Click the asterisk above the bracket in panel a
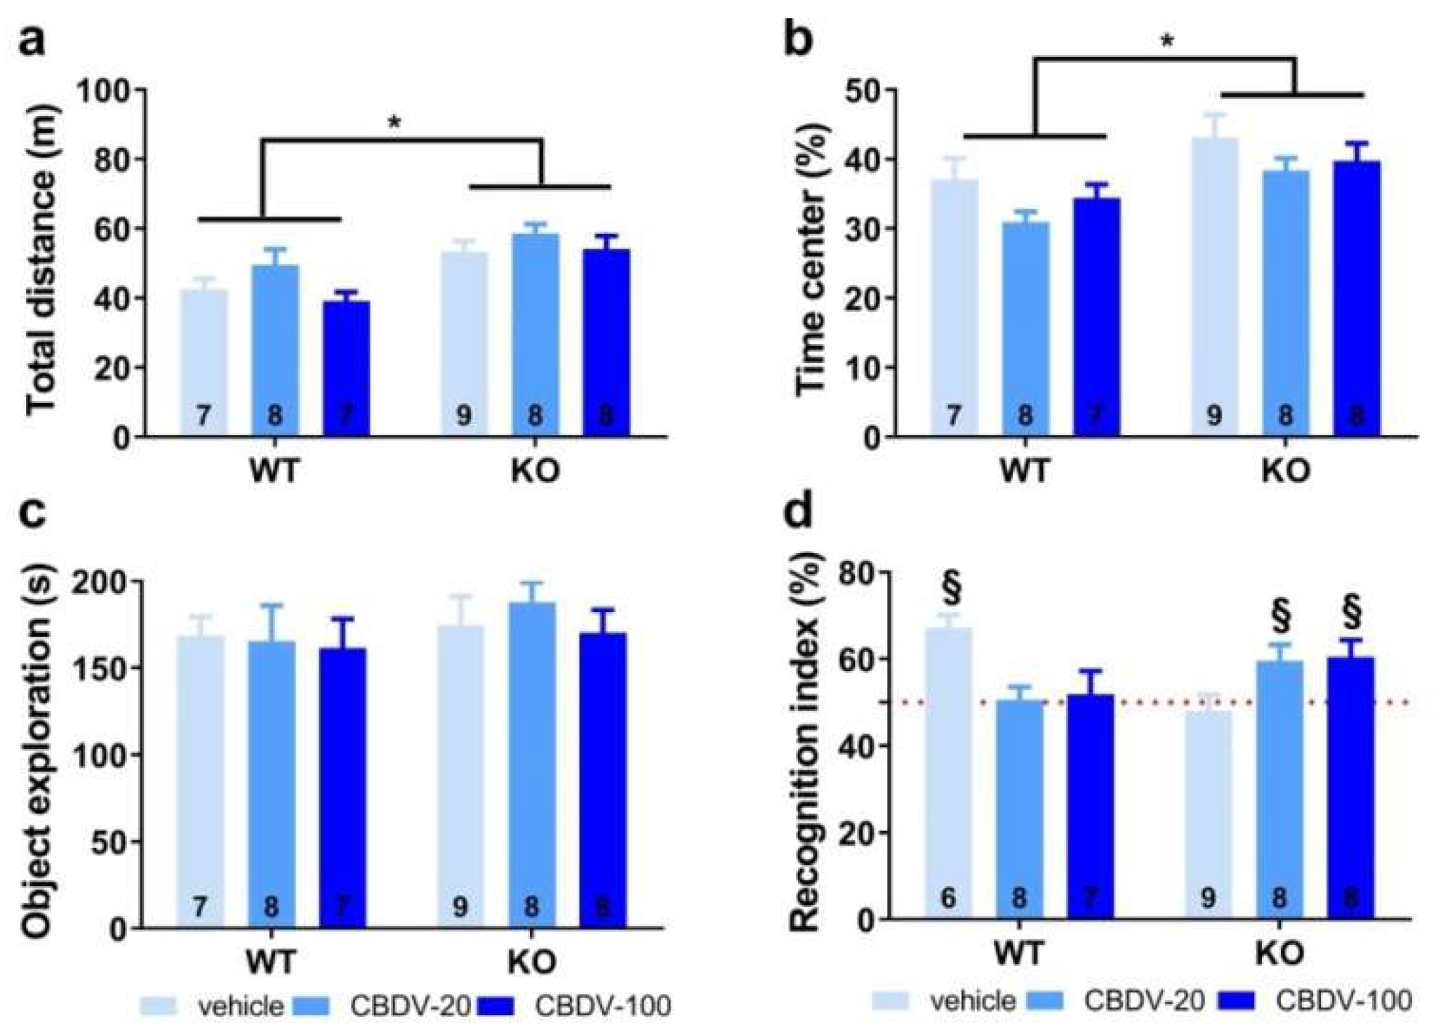point(394,124)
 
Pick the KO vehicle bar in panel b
point(1213,288)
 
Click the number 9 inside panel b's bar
point(1213,416)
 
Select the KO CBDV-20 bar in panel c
point(531,765)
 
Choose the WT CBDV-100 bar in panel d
point(1090,807)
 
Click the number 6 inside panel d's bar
point(948,897)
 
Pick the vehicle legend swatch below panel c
point(162,1005)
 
